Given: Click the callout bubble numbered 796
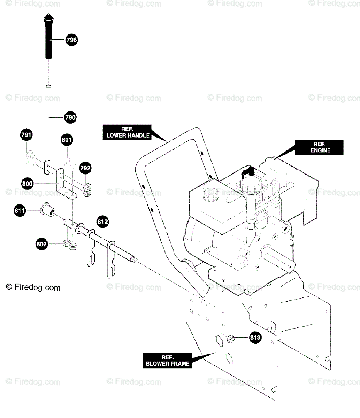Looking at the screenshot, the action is click(x=71, y=40).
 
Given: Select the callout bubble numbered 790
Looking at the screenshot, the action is click(x=70, y=117).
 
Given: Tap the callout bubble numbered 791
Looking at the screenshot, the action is click(x=26, y=135).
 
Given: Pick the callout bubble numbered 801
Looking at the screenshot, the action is click(x=67, y=140).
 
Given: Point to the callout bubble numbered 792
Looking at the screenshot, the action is click(x=85, y=168).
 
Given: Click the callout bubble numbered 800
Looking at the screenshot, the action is click(x=27, y=184).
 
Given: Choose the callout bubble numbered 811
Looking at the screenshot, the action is click(x=20, y=211).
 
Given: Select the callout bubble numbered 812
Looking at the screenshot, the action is click(x=102, y=222).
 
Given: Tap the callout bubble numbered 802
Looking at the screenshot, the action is click(x=41, y=244).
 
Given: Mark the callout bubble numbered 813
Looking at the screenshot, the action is click(x=255, y=337).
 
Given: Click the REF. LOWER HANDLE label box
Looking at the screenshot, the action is click(x=127, y=132).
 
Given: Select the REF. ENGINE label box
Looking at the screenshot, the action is click(x=319, y=147).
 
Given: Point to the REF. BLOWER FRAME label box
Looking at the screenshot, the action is click(x=167, y=361).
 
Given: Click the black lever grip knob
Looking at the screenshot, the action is click(x=48, y=36).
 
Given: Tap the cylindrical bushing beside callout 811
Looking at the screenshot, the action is click(x=48, y=209).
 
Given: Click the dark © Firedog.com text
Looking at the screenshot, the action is click(x=33, y=287).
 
